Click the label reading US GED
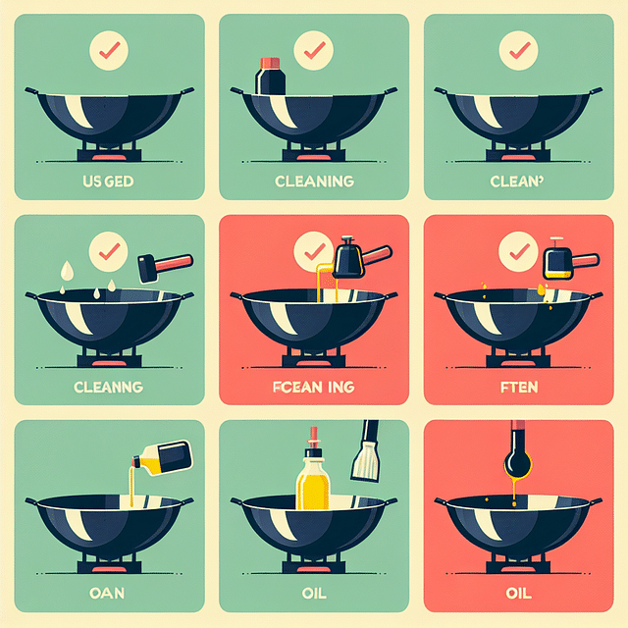(108, 183)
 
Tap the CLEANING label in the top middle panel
(313, 183)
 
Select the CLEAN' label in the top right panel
(516, 183)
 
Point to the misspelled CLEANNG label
(108, 387)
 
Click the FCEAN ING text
(313, 387)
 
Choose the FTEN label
(517, 387)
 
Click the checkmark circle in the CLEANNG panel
(108, 251)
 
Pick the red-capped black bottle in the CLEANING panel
(270, 77)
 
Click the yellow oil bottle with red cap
(313, 475)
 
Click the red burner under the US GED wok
(108, 157)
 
